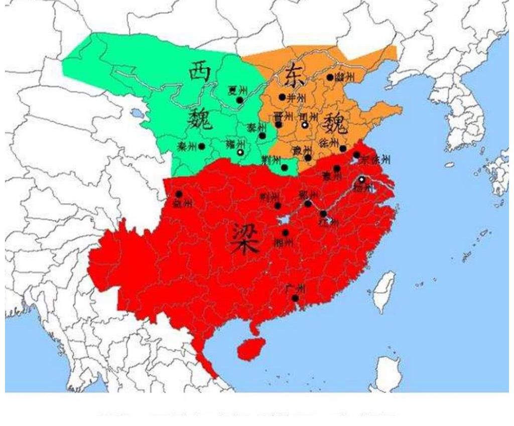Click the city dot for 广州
295,298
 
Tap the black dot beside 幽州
330,77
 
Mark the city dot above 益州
179,194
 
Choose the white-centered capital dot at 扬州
361,180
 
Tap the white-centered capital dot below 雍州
240,152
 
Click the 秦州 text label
187,147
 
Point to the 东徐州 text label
375,160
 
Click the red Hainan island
249,348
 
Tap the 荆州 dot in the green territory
285,167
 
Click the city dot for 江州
323,214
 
